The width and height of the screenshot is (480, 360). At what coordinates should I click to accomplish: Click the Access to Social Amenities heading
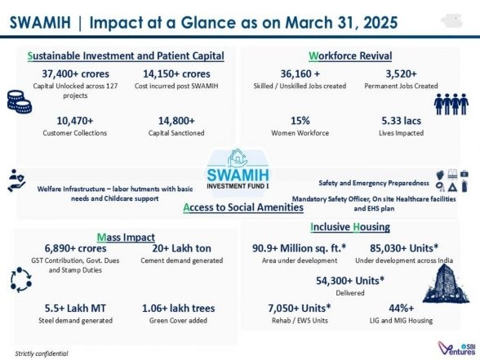243,207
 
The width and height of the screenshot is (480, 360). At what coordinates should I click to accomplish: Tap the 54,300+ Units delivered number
350,280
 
